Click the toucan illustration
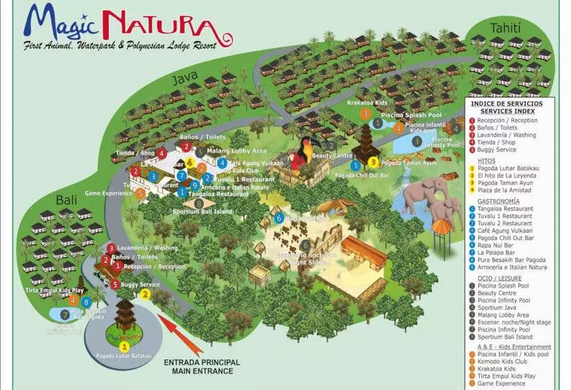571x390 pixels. tap(301, 158)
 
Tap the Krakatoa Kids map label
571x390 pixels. tap(367, 102)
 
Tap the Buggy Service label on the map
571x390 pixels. tap(140, 284)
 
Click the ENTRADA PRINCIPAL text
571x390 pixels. tap(202, 362)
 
